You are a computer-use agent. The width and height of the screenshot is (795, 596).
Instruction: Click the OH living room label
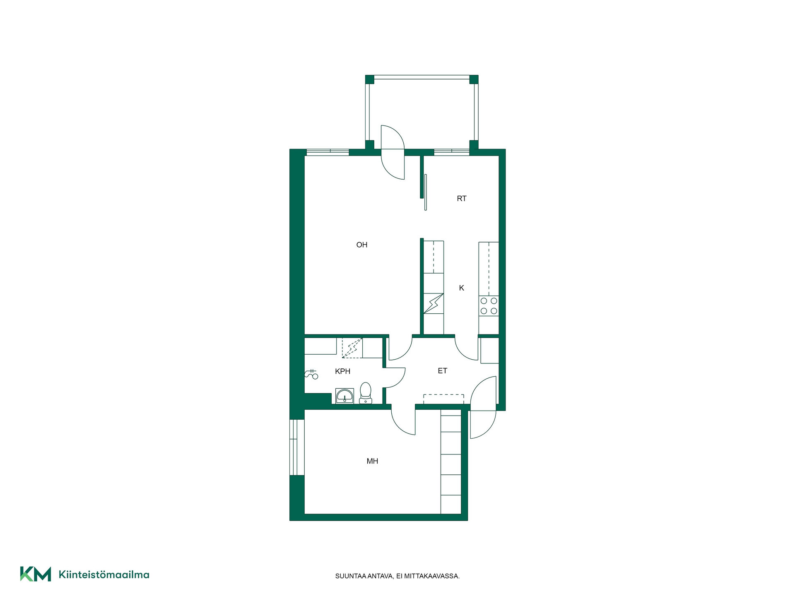coord(361,245)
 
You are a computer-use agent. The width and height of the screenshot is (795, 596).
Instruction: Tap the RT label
coord(461,199)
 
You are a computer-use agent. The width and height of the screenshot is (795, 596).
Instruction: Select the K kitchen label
coord(461,288)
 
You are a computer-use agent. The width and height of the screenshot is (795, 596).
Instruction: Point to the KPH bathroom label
coord(342,371)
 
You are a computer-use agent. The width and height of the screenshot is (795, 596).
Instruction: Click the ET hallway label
coord(442,371)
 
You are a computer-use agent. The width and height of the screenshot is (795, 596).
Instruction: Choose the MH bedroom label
coord(372,461)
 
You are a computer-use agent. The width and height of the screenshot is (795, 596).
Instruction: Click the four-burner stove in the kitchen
coord(489,306)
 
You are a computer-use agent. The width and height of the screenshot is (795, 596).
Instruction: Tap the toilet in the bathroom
coord(365,393)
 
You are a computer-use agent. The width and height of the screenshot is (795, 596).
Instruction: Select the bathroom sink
coord(344,396)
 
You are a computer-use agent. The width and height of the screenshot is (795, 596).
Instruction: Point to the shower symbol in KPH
coord(311,374)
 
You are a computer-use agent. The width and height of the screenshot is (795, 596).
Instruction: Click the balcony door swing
coord(393,152)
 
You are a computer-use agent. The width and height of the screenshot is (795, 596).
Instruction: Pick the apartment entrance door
coord(483,407)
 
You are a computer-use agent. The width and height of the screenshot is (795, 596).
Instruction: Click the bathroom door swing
coord(395,377)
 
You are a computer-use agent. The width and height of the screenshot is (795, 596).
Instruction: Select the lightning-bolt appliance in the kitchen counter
coord(434,303)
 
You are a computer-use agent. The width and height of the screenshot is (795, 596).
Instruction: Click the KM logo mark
coord(36,574)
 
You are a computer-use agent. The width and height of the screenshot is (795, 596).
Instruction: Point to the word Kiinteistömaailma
coord(104,574)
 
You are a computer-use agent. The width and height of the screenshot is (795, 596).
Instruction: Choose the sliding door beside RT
coord(425,192)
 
